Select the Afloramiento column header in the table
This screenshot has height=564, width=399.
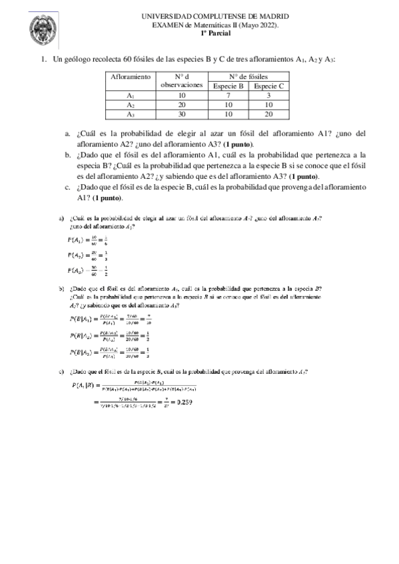[x=131, y=77]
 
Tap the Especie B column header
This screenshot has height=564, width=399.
[x=228, y=86]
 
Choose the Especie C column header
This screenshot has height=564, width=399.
[x=270, y=86]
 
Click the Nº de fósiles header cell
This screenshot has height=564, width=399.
[x=249, y=76]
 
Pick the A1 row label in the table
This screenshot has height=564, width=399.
[x=131, y=95]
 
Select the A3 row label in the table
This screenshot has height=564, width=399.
[x=131, y=114]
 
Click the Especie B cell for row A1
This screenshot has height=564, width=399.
[x=228, y=95]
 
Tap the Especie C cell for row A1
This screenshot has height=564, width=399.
[x=270, y=95]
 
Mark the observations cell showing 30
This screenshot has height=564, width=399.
[x=181, y=114]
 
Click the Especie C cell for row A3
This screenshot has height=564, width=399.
[x=270, y=114]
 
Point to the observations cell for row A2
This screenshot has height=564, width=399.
[x=181, y=104]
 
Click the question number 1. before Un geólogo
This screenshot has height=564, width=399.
[x=44, y=60]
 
